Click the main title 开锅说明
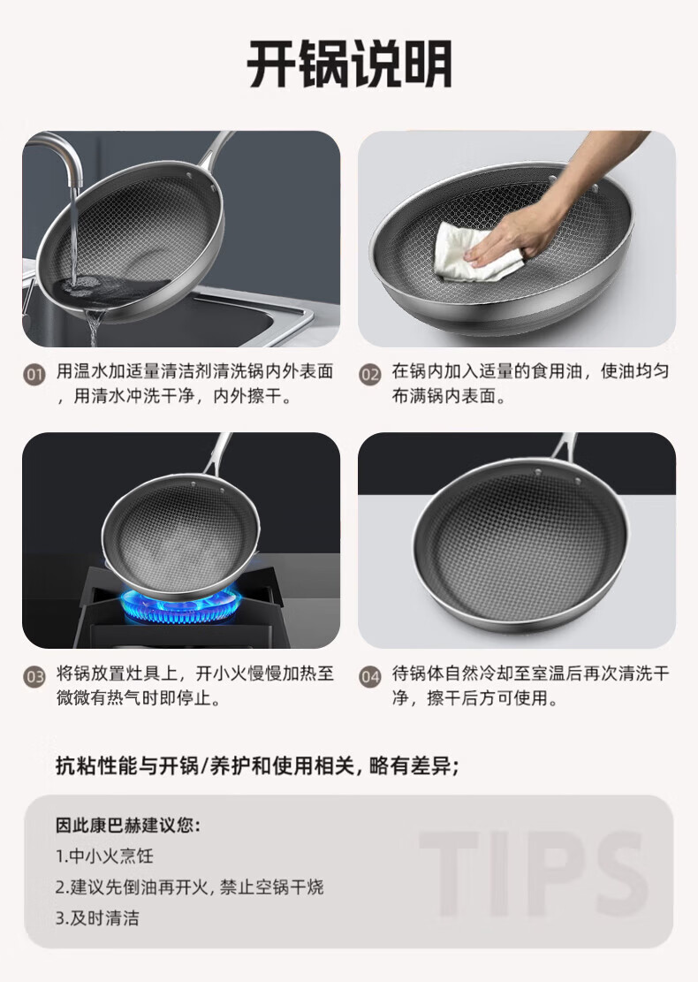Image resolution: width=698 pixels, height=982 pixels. point(349,64)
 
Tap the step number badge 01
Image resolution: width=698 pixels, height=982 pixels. point(34,375)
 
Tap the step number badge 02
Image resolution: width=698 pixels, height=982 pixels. point(370,375)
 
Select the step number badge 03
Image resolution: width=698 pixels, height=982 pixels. point(34,677)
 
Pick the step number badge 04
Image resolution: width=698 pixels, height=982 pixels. point(370,677)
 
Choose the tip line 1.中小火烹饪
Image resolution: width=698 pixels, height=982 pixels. point(104,856)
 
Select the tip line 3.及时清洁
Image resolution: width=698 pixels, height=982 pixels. point(98,918)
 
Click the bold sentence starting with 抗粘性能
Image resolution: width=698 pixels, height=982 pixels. point(257,766)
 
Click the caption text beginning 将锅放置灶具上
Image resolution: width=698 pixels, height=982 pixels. point(195,686)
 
